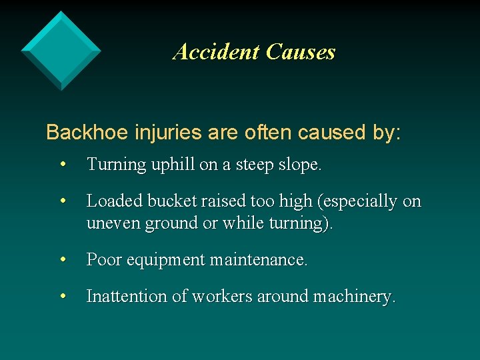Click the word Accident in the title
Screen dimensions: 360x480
click(216, 52)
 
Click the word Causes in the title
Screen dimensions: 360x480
click(300, 52)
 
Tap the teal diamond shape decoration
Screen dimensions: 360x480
click(61, 50)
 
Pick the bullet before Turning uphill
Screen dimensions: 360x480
click(63, 165)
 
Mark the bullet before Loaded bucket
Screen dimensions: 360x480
click(63, 201)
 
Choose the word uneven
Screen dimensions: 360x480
click(109, 223)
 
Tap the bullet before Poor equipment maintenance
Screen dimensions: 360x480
click(63, 260)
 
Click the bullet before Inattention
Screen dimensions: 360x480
click(63, 297)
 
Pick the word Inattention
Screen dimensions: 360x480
click(127, 297)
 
